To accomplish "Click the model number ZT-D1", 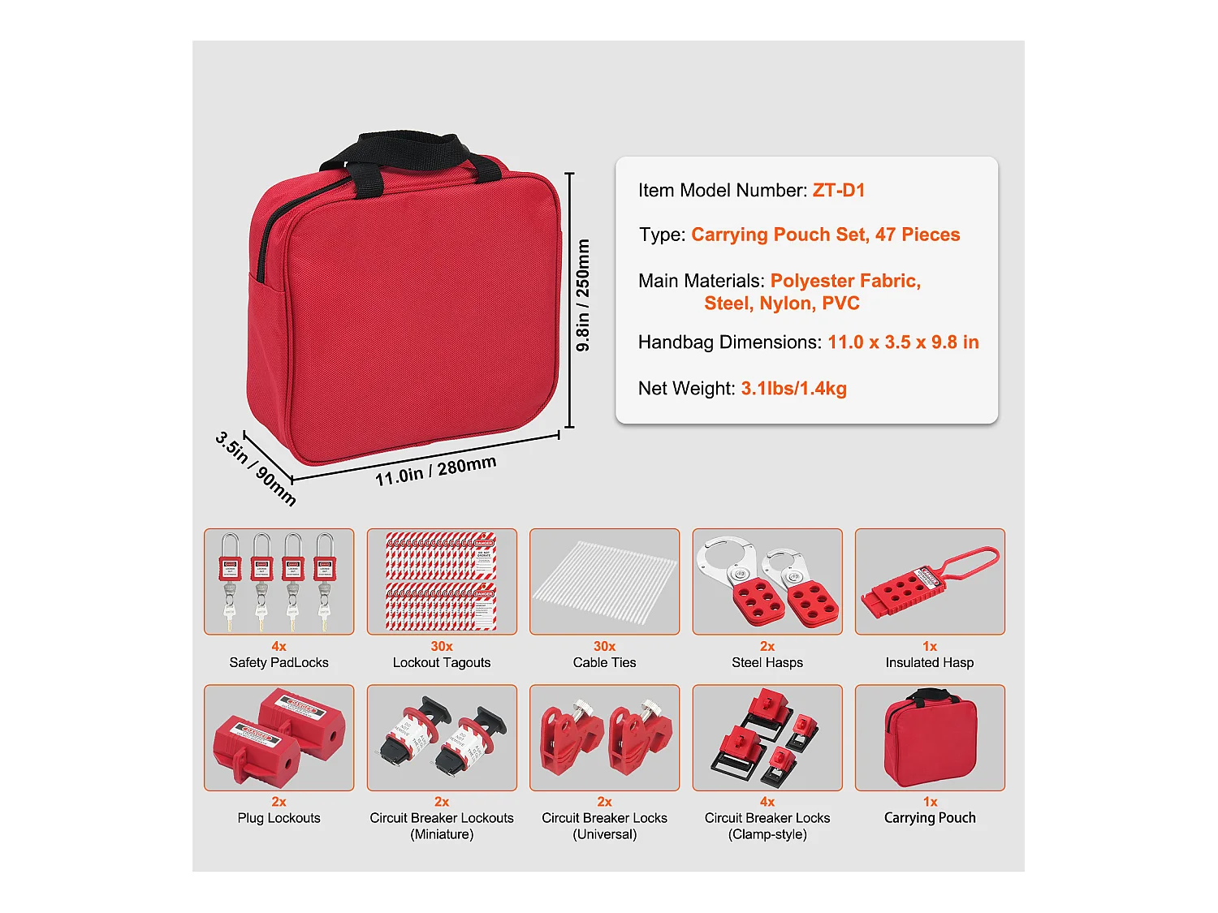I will pos(839,191).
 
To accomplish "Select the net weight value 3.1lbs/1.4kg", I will pos(793,389).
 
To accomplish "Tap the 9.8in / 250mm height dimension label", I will pos(583,295).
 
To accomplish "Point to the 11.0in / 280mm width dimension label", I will pos(435,471).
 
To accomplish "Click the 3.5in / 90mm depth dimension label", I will pos(256,468).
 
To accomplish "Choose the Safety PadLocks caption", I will pos(279,662).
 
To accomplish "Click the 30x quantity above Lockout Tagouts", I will pos(442,646).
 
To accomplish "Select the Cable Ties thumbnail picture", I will pos(604,581).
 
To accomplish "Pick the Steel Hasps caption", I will pos(767,662).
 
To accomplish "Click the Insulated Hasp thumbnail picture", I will pos(930,581).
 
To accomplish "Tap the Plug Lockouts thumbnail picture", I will pos(279,737).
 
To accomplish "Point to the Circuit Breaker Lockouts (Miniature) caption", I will pos(442,825).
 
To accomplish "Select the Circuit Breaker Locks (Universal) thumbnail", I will pos(604,737).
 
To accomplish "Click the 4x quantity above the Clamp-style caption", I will pos(767,802).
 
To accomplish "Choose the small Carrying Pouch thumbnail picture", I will pos(930,737).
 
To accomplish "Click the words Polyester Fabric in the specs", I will pos(845,281).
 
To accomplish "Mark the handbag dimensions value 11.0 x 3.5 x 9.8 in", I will pos(903,342).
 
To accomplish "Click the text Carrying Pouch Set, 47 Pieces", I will pos(825,235).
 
